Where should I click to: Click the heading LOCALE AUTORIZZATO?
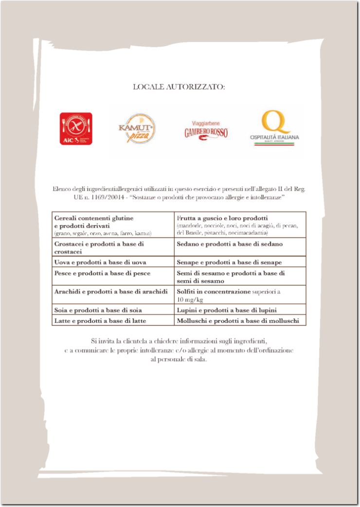(x=179, y=87)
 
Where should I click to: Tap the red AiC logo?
(x=76, y=129)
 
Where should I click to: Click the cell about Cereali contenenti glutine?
(x=113, y=225)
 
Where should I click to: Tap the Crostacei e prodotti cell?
(x=113, y=247)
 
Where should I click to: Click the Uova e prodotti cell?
(x=113, y=262)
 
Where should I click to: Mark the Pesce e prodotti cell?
(x=113, y=274)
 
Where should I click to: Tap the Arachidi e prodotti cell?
(x=113, y=292)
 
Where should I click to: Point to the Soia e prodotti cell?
(x=113, y=310)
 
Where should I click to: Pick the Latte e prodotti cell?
(x=113, y=320)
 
